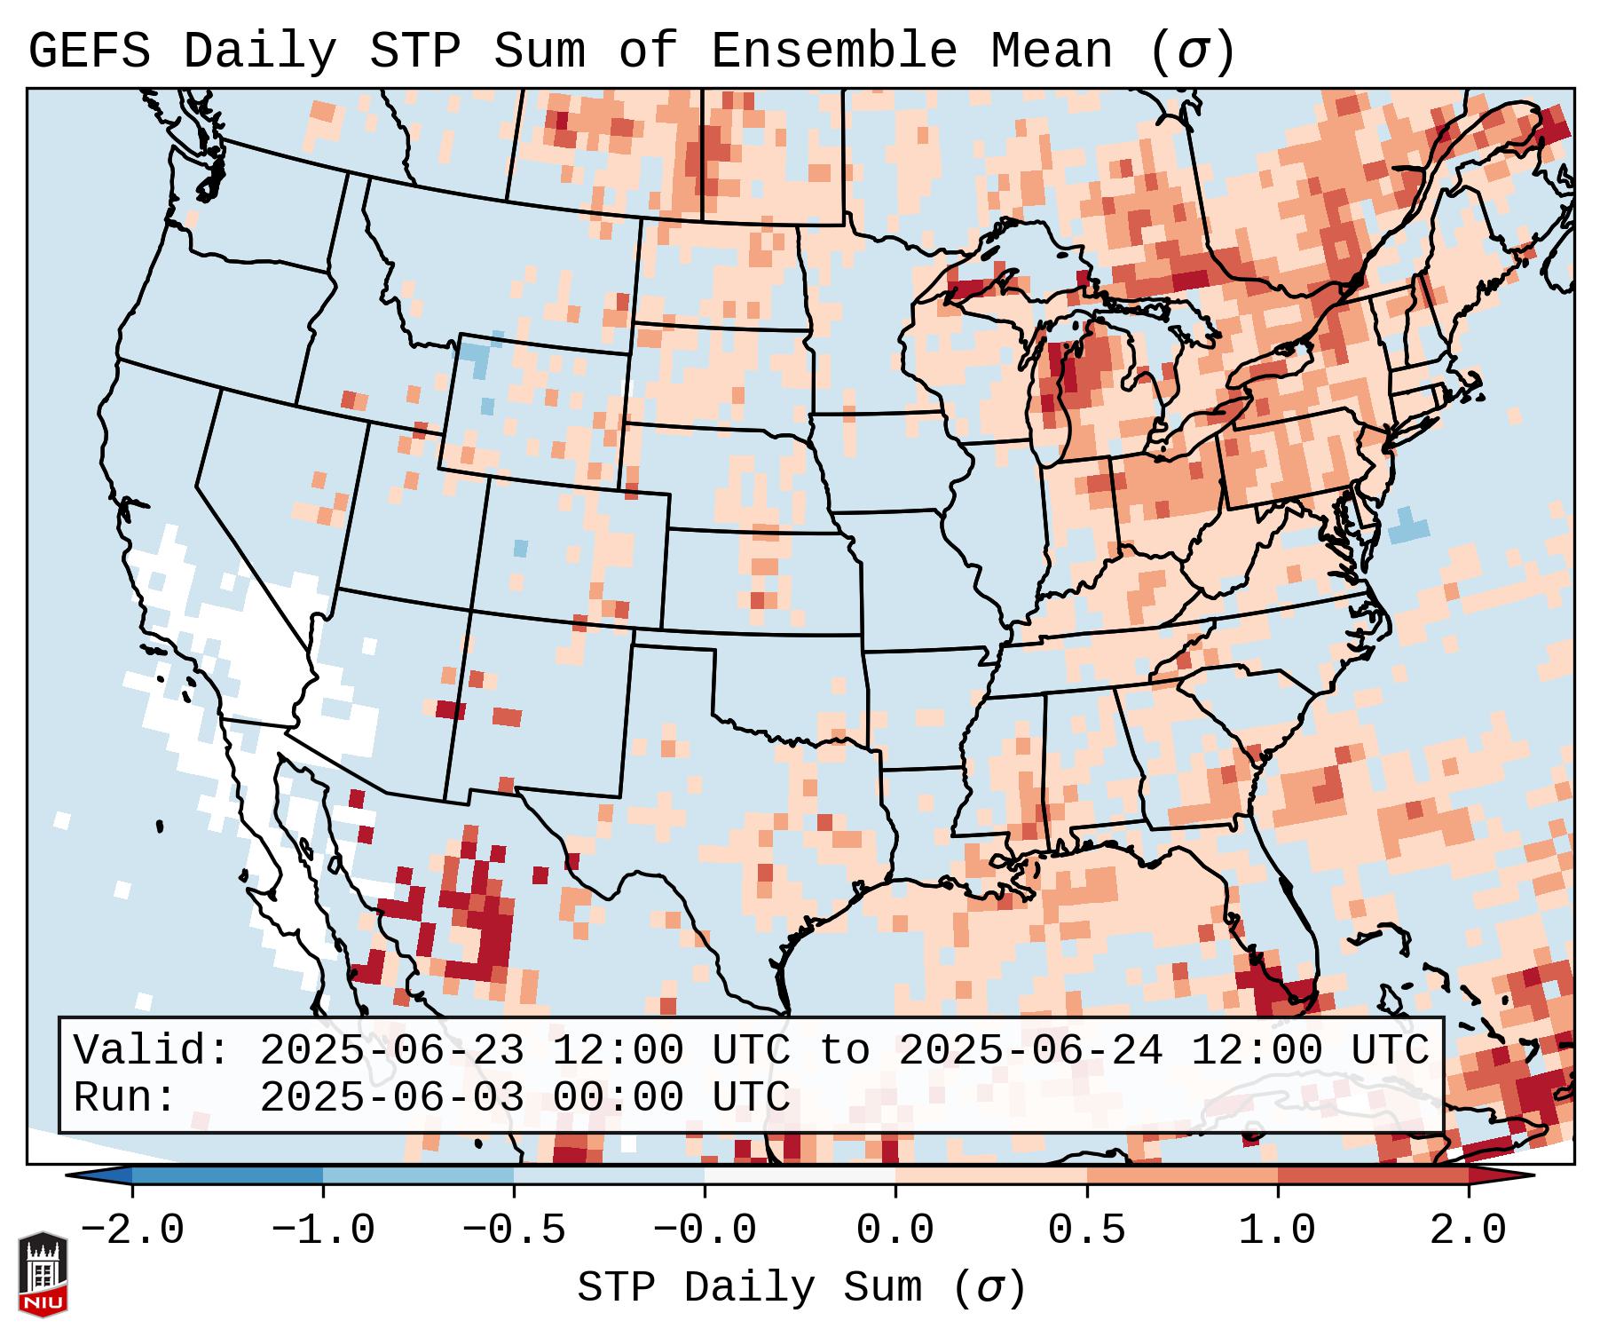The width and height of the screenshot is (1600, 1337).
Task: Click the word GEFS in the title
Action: point(90,51)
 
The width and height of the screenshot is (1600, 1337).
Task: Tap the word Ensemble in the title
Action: point(834,51)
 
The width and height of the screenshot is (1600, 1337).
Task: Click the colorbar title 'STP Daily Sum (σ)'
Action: point(801,1288)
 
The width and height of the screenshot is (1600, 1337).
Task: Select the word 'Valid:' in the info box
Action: point(152,1051)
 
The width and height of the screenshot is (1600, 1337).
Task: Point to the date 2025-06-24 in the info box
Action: point(1030,1051)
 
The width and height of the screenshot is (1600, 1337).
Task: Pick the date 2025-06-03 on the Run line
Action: point(391,1098)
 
